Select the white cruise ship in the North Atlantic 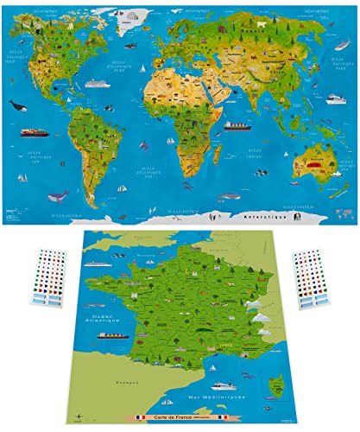click(95, 84)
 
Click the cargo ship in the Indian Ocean click(235, 125)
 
